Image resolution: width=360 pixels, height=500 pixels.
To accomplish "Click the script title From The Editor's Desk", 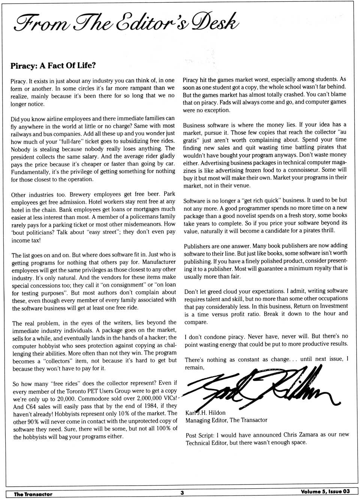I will (x=126, y=22).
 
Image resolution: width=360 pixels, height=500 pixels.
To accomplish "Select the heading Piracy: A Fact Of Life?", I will (x=53, y=66).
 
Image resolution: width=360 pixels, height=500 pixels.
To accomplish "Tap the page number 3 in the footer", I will (x=182, y=492).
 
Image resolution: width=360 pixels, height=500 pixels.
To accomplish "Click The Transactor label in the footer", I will (x=33, y=494).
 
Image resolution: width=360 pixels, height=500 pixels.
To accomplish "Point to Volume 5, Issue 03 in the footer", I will (x=325, y=492).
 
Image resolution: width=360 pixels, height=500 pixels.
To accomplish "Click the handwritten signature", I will (x=259, y=388).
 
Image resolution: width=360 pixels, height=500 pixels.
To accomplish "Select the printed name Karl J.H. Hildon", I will (x=205, y=413).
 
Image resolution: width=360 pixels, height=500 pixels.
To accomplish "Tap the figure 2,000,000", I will (x=146, y=398).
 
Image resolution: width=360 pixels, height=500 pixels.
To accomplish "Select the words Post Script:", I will (x=200, y=435).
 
